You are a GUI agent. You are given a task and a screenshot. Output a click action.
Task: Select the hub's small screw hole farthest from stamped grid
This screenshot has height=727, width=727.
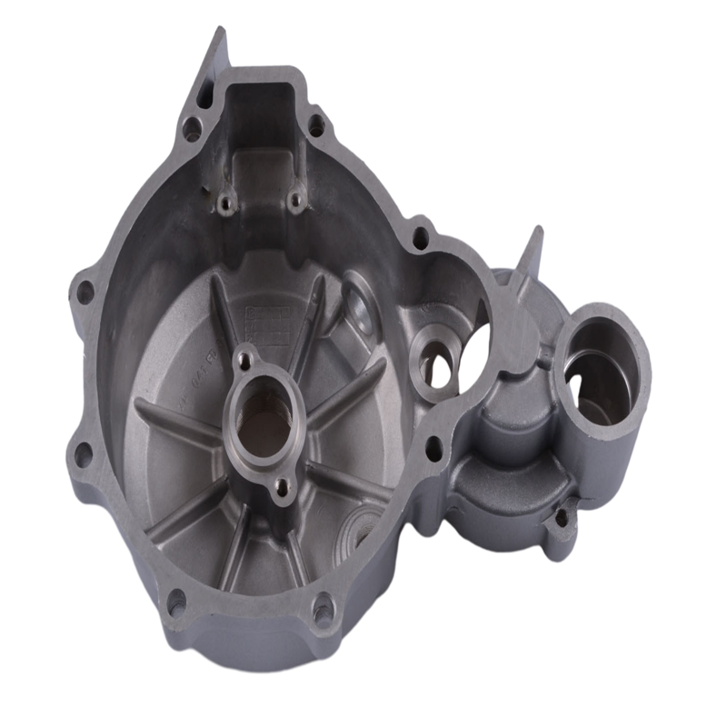pyautogui.click(x=283, y=487)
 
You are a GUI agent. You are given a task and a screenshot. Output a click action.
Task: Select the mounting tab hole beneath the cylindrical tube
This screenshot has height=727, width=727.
pyautogui.click(x=561, y=519)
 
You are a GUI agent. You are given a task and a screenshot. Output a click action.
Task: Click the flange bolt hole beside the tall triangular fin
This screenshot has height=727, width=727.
pyautogui.click(x=193, y=127)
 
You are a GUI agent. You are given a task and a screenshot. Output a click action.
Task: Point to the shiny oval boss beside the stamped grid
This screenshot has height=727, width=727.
pyautogui.click(x=359, y=309)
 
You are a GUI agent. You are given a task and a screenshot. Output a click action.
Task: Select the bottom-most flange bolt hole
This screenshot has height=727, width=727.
pyautogui.click(x=323, y=612)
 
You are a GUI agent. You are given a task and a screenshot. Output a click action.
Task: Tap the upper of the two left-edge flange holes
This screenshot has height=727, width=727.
pyautogui.click(x=85, y=292)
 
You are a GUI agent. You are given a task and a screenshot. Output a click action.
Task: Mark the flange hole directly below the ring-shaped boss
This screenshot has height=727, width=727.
pyautogui.click(x=434, y=448)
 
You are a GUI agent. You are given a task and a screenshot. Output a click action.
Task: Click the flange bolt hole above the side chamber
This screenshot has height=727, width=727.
pyautogui.click(x=420, y=238)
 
